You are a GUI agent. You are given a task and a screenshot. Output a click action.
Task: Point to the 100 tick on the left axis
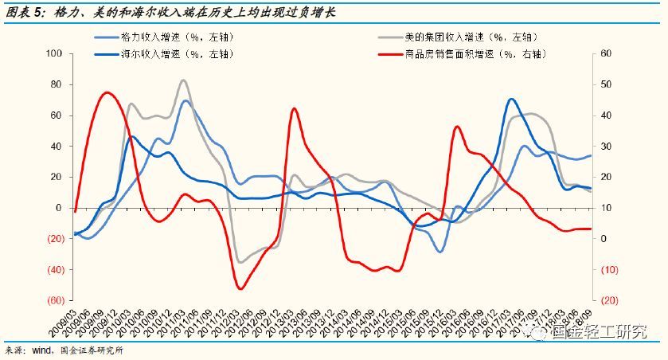tap(54, 53)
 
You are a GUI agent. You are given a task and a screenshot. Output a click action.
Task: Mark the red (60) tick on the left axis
tap(53, 301)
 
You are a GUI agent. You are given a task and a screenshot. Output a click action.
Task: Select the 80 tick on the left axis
tap(56, 84)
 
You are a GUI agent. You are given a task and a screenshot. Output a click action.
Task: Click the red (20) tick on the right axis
tap(607, 301)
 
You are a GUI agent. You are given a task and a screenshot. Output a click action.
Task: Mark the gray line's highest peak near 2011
tap(183, 80)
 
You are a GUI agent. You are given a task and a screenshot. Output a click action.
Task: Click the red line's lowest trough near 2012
tap(240, 288)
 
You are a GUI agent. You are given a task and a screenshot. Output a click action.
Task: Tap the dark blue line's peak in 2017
tap(510, 100)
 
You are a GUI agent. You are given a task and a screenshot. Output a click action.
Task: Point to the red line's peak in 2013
tap(294, 109)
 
